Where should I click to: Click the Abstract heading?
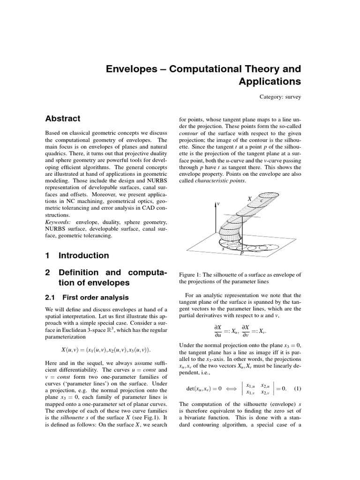coord(62,119)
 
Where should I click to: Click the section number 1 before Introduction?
coord(47,255)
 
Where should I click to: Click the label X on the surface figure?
coord(249,199)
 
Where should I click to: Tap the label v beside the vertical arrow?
coord(219,204)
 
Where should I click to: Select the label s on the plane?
coord(223,248)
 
